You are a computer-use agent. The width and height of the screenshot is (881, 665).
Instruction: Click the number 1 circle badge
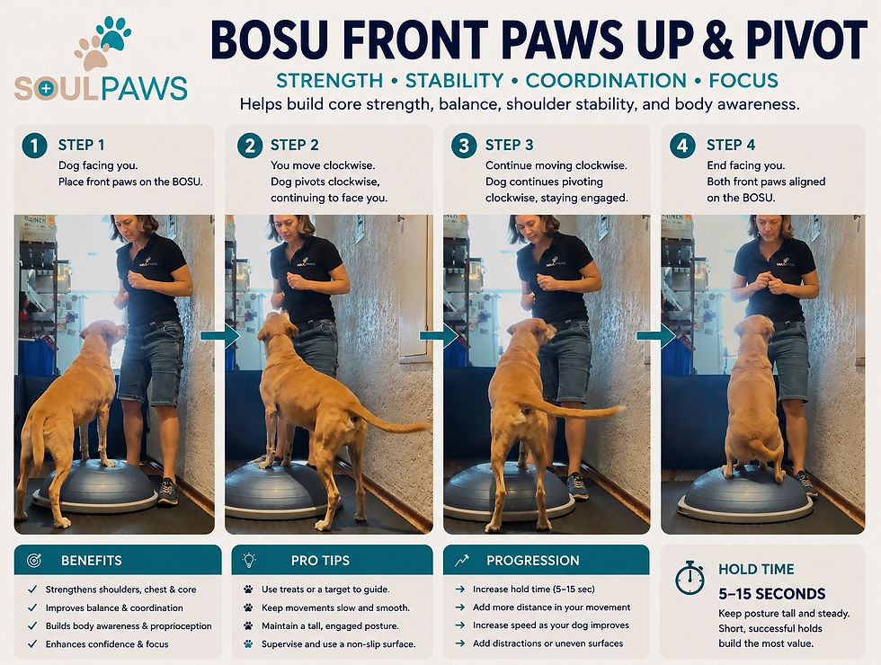coord(34,146)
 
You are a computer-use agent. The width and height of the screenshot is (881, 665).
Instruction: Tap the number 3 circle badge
coord(464,146)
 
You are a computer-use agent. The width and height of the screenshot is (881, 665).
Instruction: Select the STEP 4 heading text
coord(730,145)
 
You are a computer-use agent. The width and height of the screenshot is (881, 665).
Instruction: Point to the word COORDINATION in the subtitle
coord(606,80)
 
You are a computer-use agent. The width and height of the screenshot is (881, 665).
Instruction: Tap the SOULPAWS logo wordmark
coord(101,89)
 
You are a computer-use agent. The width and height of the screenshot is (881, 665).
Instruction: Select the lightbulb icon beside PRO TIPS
coord(249,560)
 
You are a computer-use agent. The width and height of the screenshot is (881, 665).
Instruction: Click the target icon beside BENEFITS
coord(34,560)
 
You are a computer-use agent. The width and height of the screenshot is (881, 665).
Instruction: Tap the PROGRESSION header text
coord(532,561)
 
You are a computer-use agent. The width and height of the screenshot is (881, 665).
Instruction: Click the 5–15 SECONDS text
coord(772,594)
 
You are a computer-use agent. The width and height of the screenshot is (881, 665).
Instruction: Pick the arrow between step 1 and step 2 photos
coord(219,336)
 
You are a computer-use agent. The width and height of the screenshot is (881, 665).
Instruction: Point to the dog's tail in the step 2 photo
coord(388,420)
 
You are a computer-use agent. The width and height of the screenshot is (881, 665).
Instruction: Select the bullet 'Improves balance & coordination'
coord(114,607)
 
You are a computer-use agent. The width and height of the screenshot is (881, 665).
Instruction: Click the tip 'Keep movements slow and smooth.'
coord(335,607)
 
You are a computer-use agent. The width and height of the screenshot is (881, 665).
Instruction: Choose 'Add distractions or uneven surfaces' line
coord(547,643)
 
